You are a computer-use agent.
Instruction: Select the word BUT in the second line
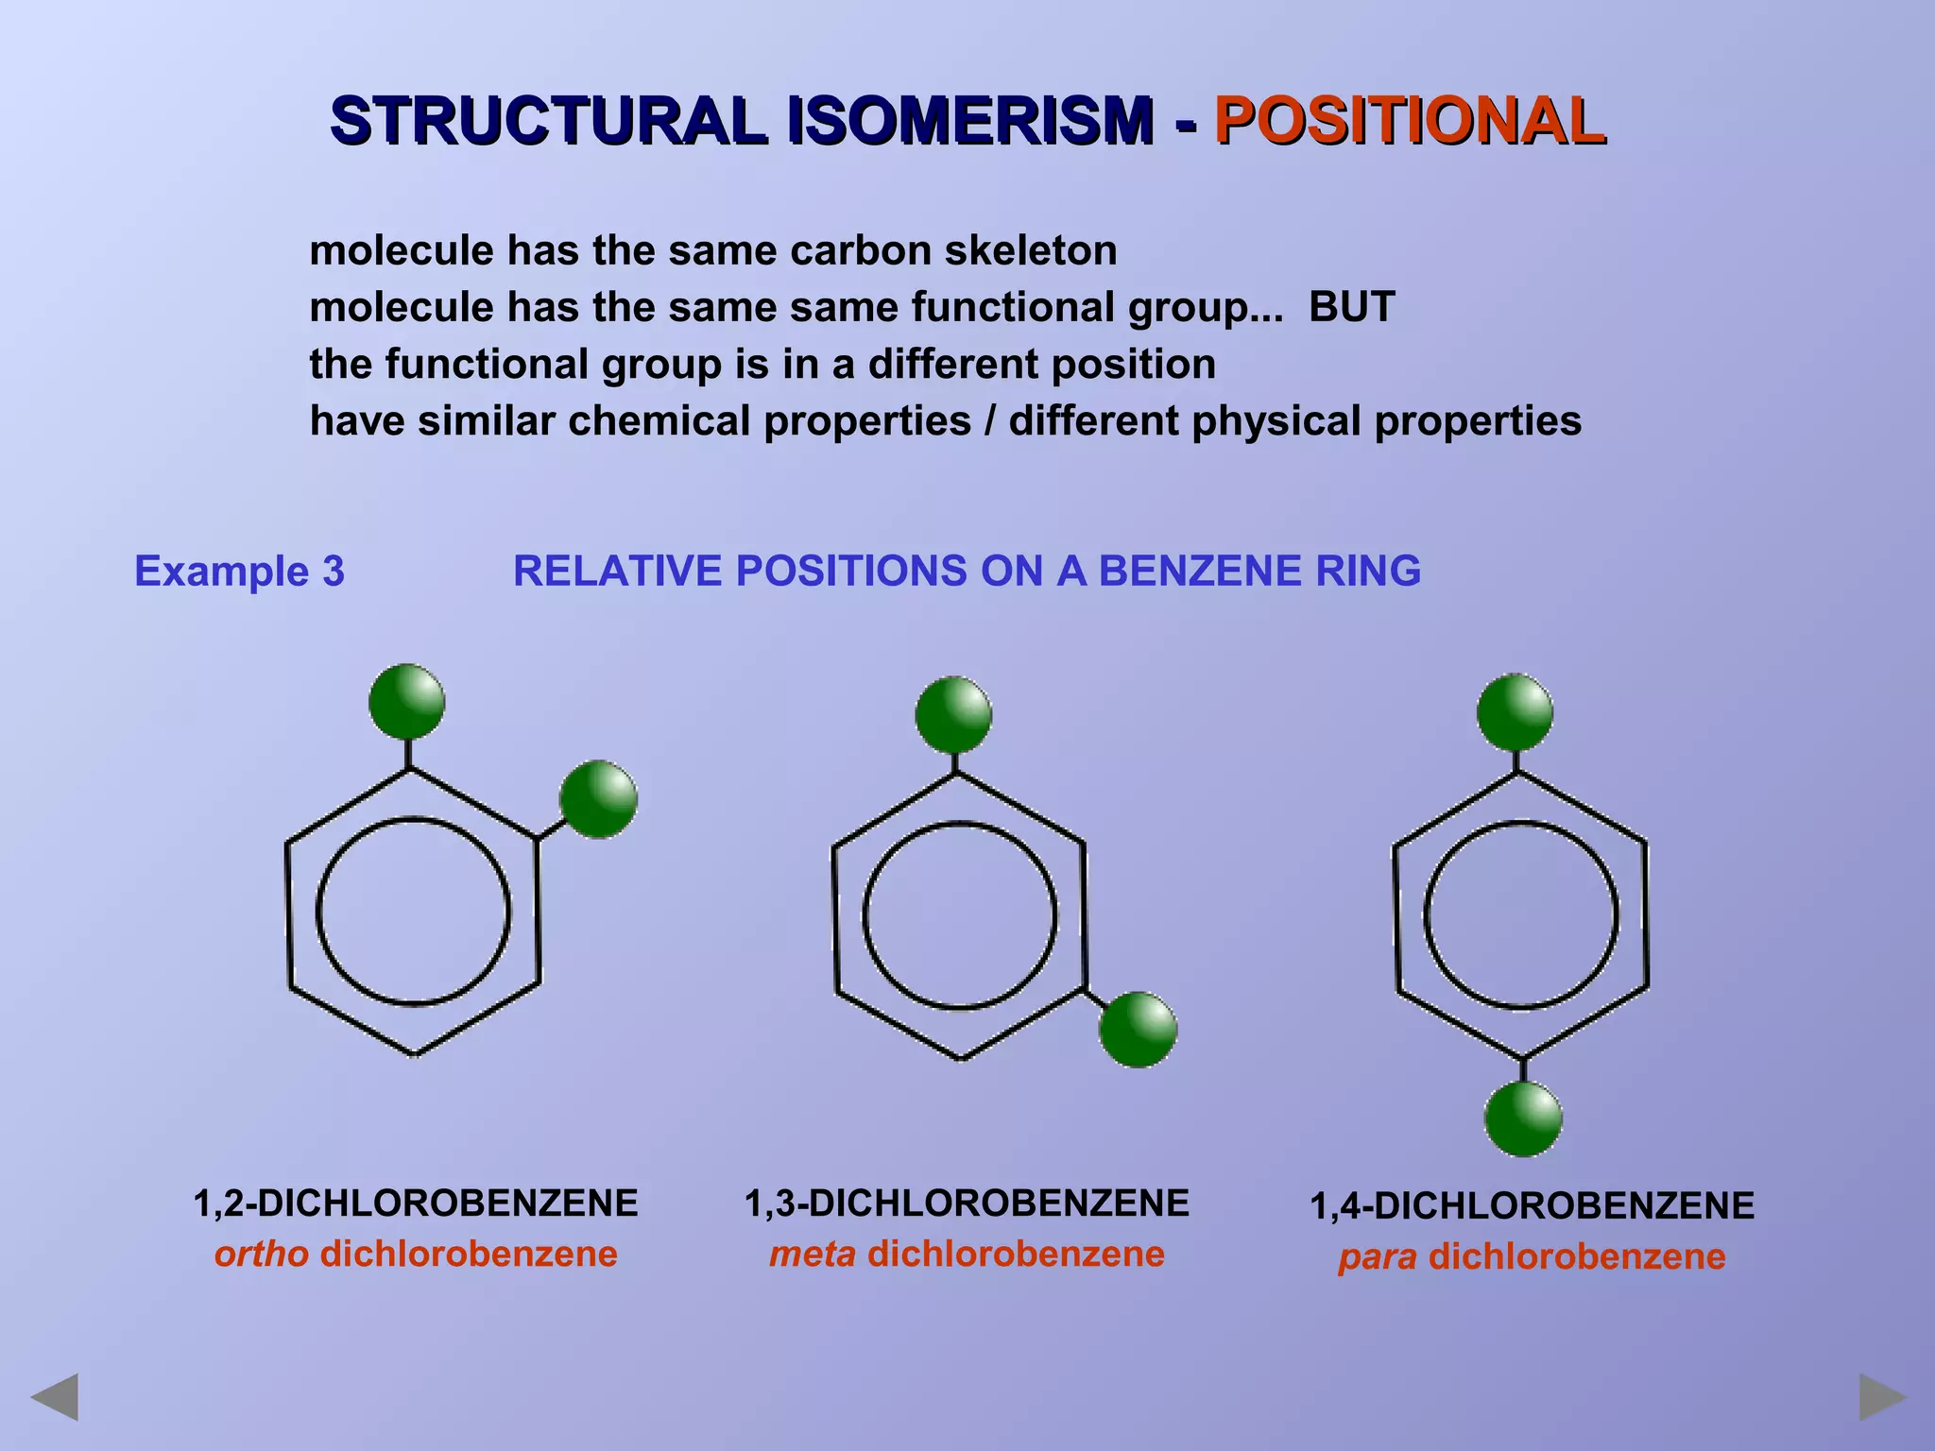coord(1351,307)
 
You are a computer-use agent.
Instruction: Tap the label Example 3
coord(239,571)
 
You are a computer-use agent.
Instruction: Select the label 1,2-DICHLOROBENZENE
coord(416,1203)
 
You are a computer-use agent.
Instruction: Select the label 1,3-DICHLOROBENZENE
coord(967,1203)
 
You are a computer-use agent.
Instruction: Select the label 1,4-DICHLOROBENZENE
coord(1532,1206)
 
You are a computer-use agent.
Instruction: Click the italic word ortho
coord(262,1255)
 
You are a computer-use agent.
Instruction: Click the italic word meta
coord(813,1255)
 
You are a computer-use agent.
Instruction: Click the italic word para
coord(1378,1257)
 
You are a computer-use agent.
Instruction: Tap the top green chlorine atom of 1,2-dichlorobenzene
coord(407,702)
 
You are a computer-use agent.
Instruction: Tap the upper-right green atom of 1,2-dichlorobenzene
coord(598,799)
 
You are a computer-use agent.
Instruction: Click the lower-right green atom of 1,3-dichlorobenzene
coord(1138,1030)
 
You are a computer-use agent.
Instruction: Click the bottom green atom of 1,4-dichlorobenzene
coord(1523,1119)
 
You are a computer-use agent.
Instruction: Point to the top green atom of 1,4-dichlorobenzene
coord(1515,712)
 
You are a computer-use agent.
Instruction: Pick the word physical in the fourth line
coord(1276,421)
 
